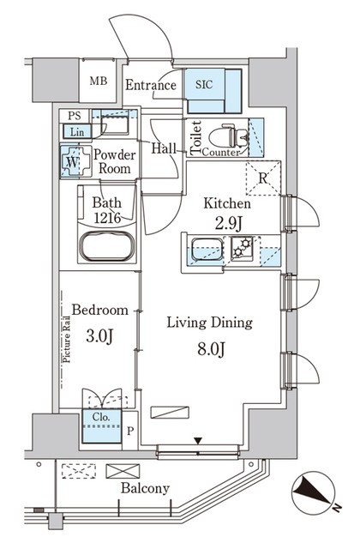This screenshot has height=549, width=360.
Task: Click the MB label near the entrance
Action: [x=99, y=81]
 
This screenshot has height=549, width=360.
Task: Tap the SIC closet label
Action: [x=204, y=85]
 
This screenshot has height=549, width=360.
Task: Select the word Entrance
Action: [x=151, y=85]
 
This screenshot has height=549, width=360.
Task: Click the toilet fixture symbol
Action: [x=229, y=136]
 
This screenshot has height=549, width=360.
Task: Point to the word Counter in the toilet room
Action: [x=221, y=153]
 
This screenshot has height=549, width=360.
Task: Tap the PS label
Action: [x=75, y=116]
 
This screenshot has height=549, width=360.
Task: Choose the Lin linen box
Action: [x=77, y=131]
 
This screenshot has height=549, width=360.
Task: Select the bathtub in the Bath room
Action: [x=106, y=246]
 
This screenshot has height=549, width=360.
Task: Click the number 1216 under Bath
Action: [x=107, y=218]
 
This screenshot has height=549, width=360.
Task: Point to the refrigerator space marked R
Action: [x=263, y=178]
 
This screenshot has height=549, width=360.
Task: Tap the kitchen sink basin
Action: [x=207, y=250]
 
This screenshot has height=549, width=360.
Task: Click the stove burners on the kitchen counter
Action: [x=242, y=247]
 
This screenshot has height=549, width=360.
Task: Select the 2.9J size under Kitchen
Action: [x=228, y=224]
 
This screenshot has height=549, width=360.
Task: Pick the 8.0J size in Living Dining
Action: [x=211, y=349]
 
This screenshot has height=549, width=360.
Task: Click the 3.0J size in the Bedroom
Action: [x=99, y=336]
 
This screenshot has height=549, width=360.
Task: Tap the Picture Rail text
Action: [x=66, y=340]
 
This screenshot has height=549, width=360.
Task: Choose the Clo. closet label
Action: [x=101, y=417]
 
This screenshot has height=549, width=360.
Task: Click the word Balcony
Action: [x=145, y=488]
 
